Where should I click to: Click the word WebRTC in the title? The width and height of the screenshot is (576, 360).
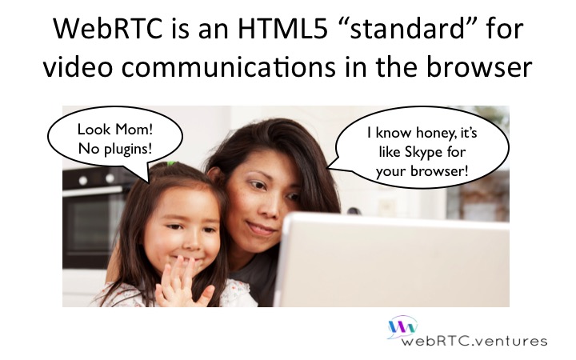[x=108, y=29]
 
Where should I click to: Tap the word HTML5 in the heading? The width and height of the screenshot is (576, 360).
[x=282, y=29]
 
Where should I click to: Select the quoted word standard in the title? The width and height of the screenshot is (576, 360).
[x=407, y=29]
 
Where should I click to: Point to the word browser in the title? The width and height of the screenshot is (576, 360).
[x=479, y=67]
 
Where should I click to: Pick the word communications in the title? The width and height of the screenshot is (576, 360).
[x=228, y=67]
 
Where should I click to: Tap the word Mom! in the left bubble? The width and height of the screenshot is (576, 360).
[x=134, y=130]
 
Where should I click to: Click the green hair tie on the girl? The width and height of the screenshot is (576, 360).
[x=171, y=163]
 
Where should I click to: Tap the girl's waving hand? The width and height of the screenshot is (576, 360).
[x=182, y=283]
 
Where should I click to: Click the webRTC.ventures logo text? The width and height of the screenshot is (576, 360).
[x=474, y=341]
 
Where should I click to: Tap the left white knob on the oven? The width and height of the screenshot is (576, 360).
[x=83, y=180]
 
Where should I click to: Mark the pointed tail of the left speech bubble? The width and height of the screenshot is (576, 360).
[x=149, y=182]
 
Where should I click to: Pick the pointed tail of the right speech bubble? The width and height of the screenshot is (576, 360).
[x=328, y=169]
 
